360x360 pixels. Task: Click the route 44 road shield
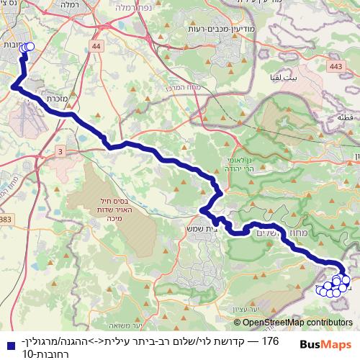[96, 46]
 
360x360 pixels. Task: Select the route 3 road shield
[60, 150]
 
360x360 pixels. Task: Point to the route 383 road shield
[6, 219]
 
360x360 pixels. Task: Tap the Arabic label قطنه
[344, 115]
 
